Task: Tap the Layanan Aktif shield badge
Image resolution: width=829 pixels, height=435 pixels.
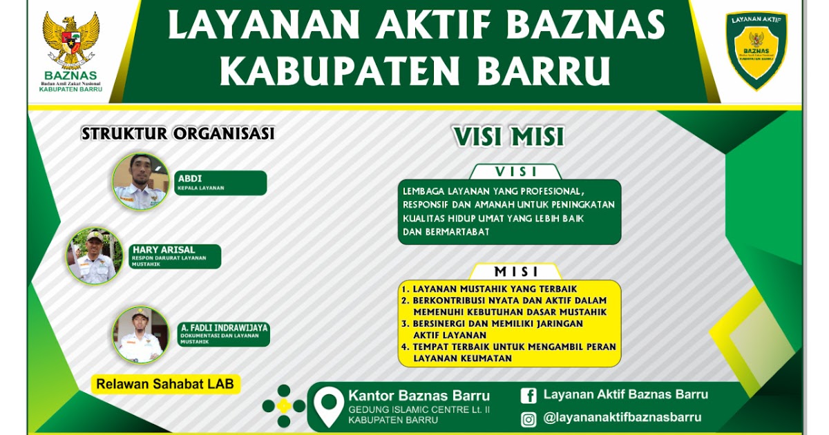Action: [756, 50]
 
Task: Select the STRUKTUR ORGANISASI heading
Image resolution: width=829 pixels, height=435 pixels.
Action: [178, 133]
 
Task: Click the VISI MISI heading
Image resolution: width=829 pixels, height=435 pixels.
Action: [508, 136]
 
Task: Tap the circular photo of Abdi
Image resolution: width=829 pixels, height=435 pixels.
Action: [141, 182]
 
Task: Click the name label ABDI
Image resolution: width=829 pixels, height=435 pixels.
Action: [190, 179]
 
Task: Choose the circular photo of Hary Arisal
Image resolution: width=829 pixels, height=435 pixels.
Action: [95, 255]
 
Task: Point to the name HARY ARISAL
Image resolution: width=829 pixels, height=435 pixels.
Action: [164, 249]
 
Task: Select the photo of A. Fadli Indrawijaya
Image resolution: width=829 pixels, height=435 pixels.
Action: [141, 334]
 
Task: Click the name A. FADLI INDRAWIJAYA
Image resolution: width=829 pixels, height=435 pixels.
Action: [223, 327]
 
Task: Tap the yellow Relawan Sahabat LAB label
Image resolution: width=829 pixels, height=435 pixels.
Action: [165, 384]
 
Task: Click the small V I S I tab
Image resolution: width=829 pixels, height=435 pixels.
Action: [515, 172]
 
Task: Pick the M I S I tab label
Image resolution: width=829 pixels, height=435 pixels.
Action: [515, 271]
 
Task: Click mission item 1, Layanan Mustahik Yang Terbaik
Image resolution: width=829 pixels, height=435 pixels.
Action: [495, 289]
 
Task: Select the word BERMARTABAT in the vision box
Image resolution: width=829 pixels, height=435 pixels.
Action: [446, 232]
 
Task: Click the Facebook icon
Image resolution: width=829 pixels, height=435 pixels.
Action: [528, 396]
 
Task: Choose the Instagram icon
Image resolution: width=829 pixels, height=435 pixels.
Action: [528, 419]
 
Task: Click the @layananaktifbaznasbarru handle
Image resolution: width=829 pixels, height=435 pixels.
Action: [622, 418]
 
